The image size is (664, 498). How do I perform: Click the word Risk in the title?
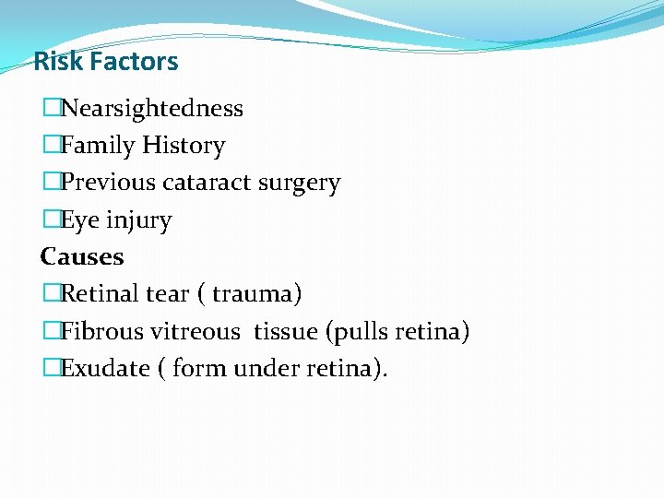click(58, 62)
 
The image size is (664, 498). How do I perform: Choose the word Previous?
click(108, 184)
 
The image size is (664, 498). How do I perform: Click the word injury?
click(138, 221)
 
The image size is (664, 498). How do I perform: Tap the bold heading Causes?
click(82, 256)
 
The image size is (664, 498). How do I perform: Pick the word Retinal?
click(100, 294)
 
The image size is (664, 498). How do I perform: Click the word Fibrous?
click(102, 331)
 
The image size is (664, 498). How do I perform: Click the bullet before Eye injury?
click(51, 220)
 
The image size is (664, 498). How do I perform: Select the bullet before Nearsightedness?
click(51, 109)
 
